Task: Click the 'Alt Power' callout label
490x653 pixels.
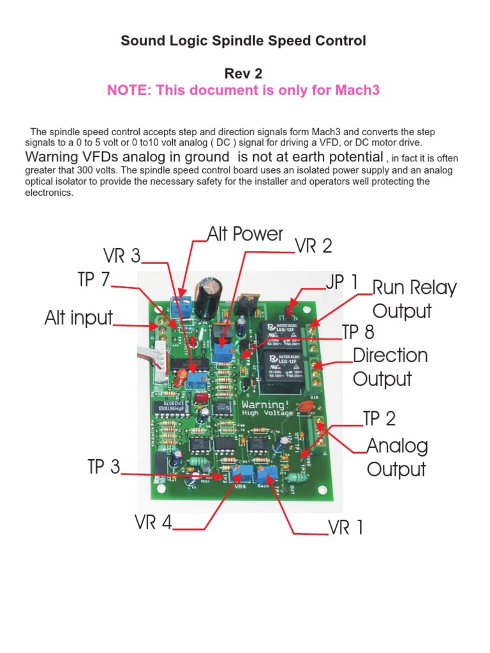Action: click(245, 234)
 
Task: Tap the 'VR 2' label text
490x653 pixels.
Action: click(313, 247)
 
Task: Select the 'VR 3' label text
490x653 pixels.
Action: click(122, 256)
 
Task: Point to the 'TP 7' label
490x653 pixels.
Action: click(94, 280)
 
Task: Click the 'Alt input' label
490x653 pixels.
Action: click(78, 318)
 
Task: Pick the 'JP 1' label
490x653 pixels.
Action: click(343, 283)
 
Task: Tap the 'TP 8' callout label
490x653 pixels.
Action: click(358, 332)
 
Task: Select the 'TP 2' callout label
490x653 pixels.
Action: click(379, 418)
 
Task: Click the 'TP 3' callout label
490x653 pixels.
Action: click(103, 467)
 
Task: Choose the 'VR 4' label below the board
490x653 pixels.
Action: click(153, 522)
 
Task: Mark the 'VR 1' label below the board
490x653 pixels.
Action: click(346, 527)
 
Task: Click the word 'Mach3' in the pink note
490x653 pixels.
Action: click(357, 90)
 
